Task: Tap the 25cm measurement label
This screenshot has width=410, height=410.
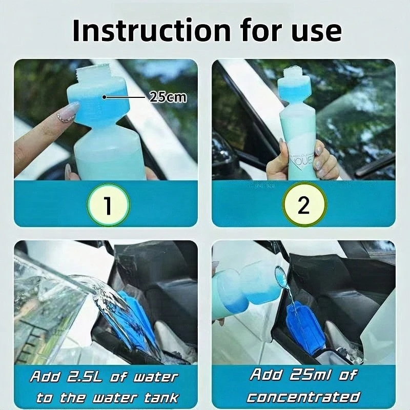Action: point(168,97)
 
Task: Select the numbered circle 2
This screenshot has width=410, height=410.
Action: point(303,206)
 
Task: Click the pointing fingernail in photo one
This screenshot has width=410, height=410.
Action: point(70,110)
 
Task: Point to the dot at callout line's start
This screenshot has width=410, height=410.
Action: point(104,96)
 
